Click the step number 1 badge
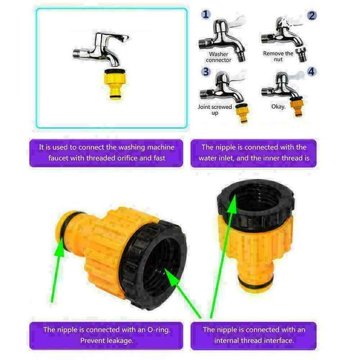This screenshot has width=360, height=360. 206,14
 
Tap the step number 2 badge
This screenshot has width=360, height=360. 311,16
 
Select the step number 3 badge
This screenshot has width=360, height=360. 206,72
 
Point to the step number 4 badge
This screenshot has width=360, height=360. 311,72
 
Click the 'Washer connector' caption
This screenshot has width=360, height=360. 218,57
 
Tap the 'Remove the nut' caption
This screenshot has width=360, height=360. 278,56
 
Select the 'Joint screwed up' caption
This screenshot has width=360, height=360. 215,110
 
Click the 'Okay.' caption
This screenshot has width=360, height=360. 278,107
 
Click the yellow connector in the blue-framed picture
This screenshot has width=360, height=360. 115,84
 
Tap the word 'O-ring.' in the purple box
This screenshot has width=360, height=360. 159,330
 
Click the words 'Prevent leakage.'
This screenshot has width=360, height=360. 107,341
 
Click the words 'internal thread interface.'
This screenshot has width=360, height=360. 254,341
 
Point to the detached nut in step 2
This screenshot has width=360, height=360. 301,54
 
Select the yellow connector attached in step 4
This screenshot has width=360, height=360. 297,107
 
